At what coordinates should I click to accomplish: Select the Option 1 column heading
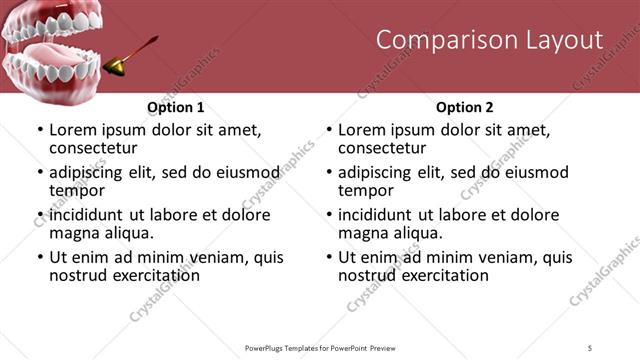coord(176,107)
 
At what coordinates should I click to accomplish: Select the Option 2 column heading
coord(465,107)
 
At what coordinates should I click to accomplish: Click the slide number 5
coord(590,347)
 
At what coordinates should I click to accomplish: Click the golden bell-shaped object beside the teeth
coord(118,63)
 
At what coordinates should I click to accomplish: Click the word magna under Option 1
coord(73,233)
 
